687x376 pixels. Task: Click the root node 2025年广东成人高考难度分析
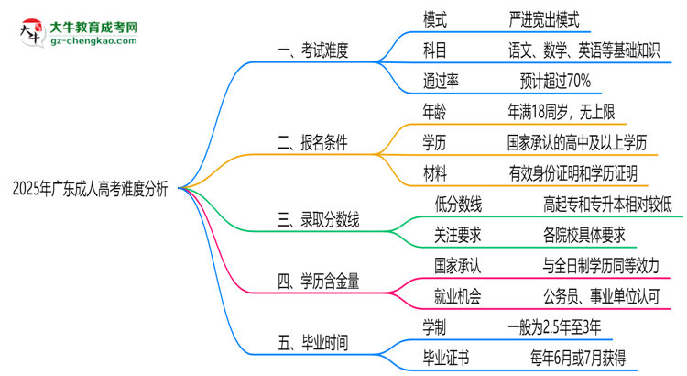pyautogui.click(x=90, y=188)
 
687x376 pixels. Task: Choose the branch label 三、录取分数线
pyautogui.click(x=318, y=220)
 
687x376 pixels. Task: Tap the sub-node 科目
pyautogui.click(x=434, y=50)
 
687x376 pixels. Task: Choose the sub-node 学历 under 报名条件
pyautogui.click(x=434, y=142)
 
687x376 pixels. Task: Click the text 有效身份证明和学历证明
pyautogui.click(x=572, y=173)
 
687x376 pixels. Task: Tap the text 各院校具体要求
pyautogui.click(x=583, y=235)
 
